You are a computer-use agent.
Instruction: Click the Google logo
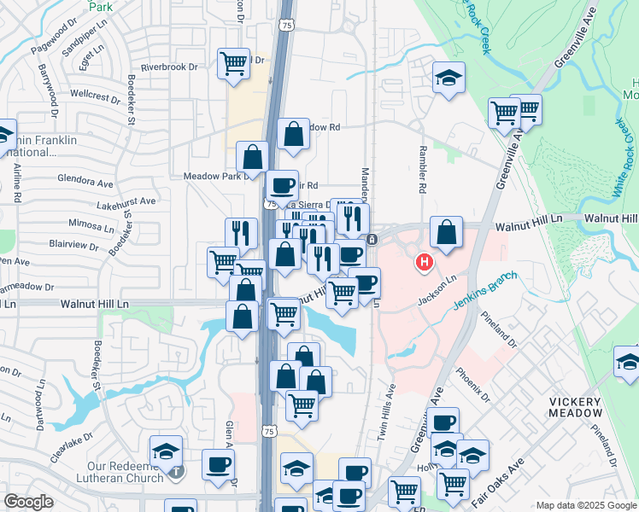coord(29,503)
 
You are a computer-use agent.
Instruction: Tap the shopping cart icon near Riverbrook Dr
coord(233,62)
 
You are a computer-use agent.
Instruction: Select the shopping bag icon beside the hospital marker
coord(446,231)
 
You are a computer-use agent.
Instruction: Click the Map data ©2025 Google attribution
coord(585,505)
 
